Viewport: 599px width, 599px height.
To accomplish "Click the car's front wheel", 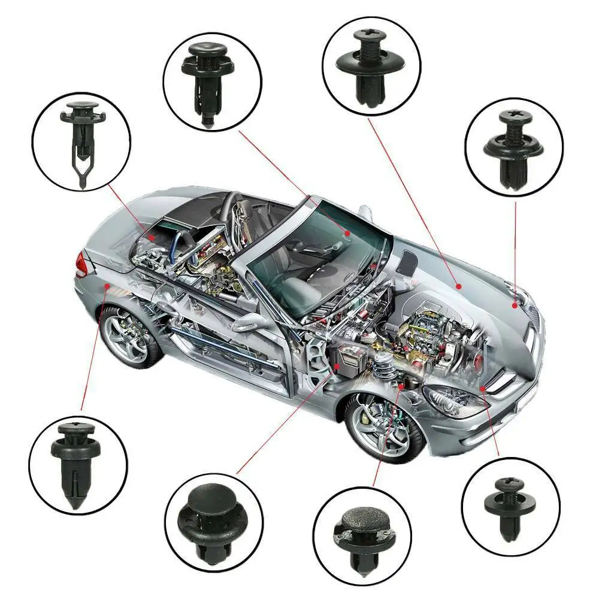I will tap(384, 428).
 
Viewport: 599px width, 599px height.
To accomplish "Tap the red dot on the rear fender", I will tap(107, 288).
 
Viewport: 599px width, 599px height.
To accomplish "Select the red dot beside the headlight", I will tap(482, 389).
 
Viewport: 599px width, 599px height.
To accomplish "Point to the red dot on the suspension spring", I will tap(400, 387).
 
